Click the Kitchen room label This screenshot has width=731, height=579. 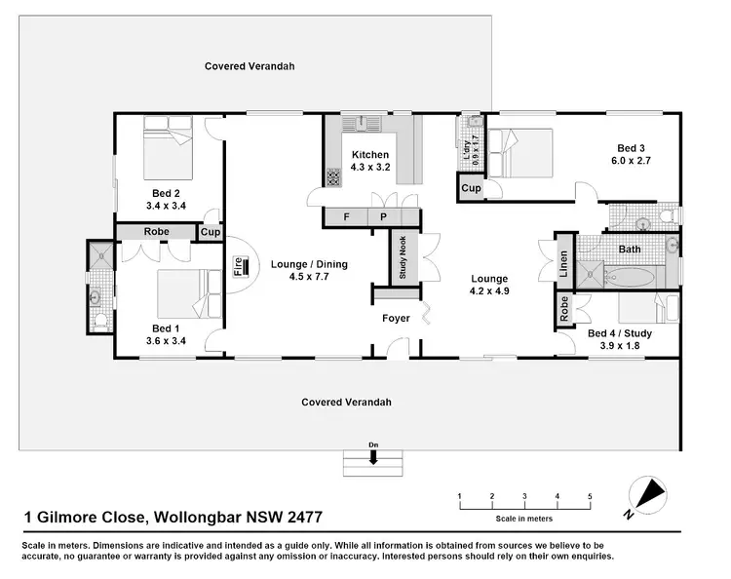pos(370,155)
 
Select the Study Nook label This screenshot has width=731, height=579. pos(403,258)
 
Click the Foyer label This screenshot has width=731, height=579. pos(396,319)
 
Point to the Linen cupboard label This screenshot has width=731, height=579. pos(563,263)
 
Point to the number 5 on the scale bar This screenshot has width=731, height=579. pos(590,496)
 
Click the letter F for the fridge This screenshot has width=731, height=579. pos(346,216)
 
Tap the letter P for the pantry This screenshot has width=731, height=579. pos(383,216)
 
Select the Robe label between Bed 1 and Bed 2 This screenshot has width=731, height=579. pos(156,232)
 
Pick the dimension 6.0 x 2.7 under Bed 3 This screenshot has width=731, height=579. pos(630,160)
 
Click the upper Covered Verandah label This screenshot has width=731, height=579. pos(250,66)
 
